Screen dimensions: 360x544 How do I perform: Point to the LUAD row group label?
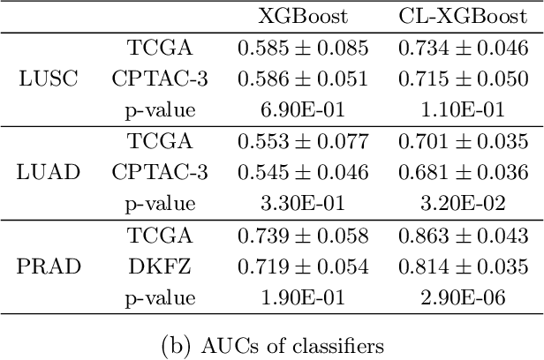click(x=49, y=172)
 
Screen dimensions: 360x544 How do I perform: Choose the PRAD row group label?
click(x=48, y=266)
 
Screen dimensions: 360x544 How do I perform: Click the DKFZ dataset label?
click(x=160, y=266)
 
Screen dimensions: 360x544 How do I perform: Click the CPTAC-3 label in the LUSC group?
click(x=160, y=79)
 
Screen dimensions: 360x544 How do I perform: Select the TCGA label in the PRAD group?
click(x=160, y=235)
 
